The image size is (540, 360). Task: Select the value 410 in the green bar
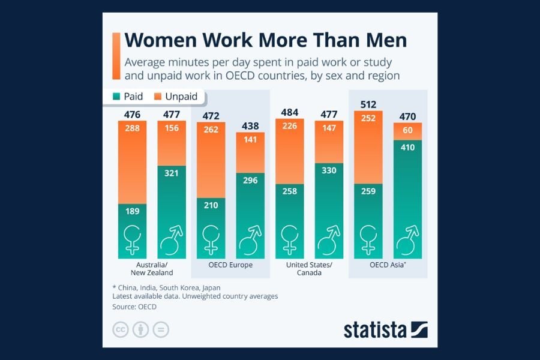[408, 146]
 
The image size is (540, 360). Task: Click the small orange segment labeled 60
[408, 131]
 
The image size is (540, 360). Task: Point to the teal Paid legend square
[117, 97]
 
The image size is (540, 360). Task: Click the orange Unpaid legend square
[158, 97]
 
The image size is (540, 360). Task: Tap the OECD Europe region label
[230, 265]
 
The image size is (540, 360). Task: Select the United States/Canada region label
[310, 269]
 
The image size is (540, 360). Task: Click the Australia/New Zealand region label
[152, 269]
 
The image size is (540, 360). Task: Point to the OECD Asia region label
[388, 265]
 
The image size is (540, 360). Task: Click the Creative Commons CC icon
[121, 329]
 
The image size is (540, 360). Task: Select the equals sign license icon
[161, 329]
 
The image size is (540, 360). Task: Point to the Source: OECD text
[134, 307]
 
